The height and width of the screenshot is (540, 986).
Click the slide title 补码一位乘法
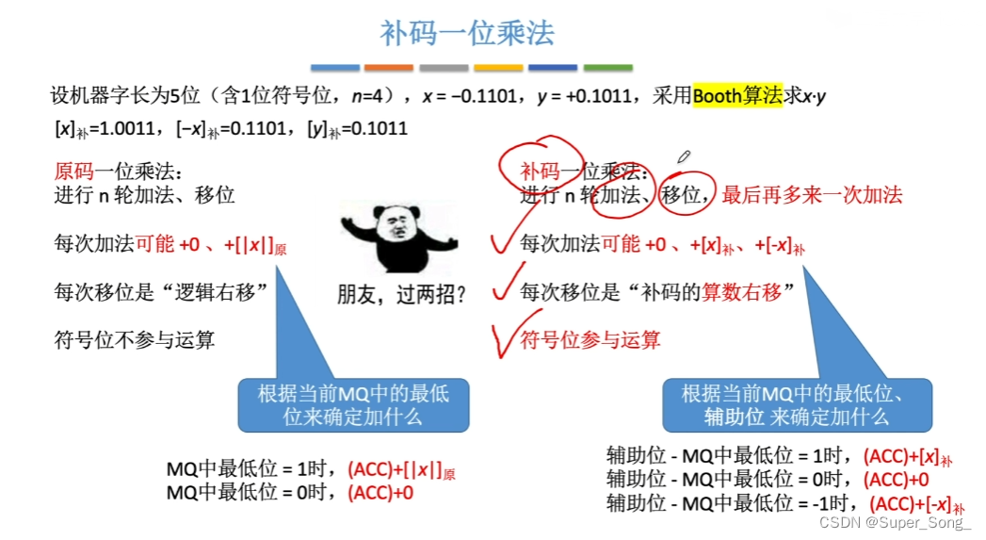point(468,34)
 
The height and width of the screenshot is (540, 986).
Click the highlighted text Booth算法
point(737,96)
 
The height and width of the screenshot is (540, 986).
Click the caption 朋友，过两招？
point(402,295)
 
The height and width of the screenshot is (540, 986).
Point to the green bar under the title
point(607,68)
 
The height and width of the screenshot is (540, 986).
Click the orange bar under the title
point(389,68)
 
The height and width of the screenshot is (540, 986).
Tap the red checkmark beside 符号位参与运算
point(504,336)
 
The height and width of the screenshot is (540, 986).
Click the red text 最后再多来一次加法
point(813,195)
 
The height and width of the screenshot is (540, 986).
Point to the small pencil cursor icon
point(684,155)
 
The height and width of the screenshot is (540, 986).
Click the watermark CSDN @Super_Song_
point(895,522)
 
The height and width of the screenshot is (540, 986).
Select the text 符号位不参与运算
point(135,339)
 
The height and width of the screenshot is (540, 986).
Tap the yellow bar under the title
point(498,68)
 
